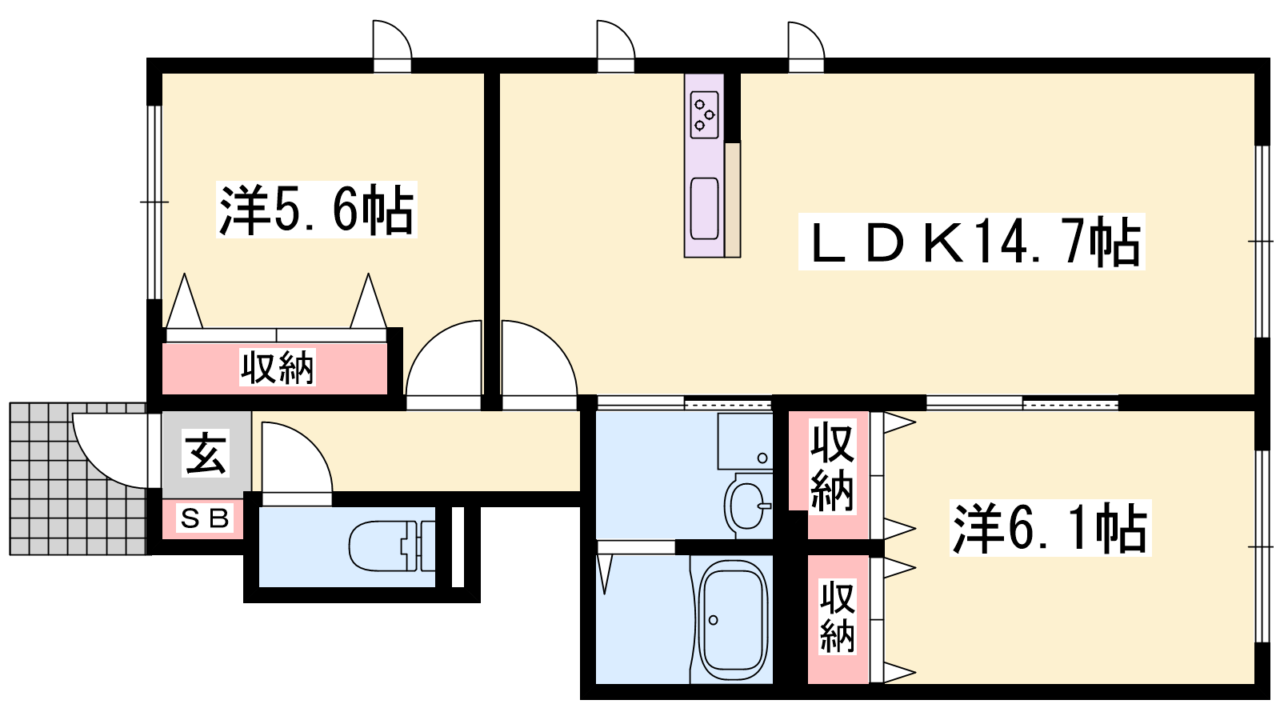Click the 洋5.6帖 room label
click(317, 210)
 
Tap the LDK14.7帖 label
click(971, 241)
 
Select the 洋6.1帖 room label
click(1050, 528)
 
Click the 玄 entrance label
click(206, 453)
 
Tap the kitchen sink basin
click(704, 209)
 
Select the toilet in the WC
click(392, 546)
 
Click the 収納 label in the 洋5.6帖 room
click(277, 367)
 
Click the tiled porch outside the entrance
click(78, 479)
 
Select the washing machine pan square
click(745, 441)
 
